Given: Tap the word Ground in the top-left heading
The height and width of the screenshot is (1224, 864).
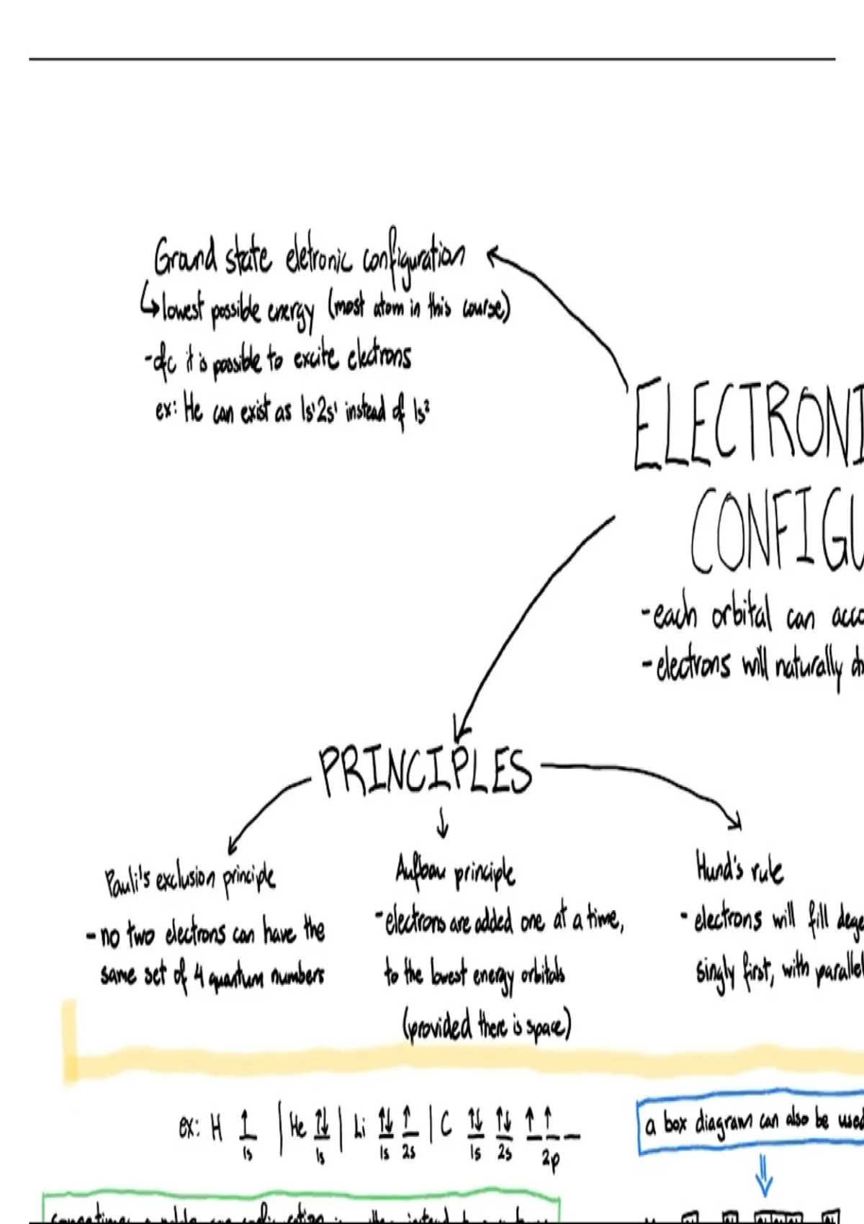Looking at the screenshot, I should click(x=185, y=256).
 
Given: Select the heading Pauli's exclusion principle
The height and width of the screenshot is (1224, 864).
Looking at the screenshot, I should click(x=190, y=879).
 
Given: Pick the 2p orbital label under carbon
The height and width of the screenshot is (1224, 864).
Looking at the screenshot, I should click(x=551, y=1159).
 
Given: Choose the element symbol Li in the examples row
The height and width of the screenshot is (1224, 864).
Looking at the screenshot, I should click(x=360, y=1128).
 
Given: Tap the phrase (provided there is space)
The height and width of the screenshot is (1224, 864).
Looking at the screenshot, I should click(x=487, y=1025).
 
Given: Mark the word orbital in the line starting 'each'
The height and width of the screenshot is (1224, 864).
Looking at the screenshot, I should click(x=742, y=616).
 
